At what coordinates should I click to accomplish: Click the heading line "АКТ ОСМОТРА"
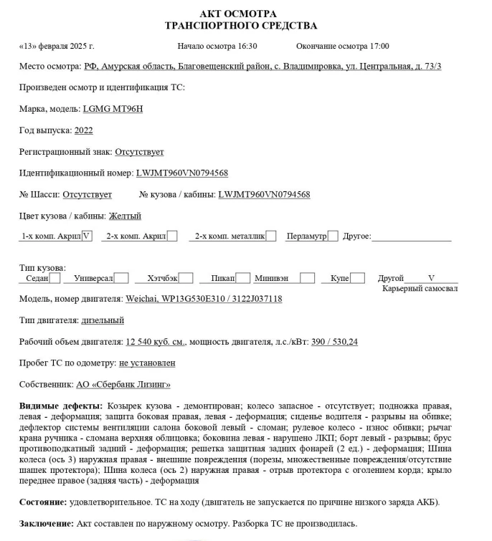click(x=240, y=14)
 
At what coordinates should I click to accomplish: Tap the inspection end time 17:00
click(x=378, y=46)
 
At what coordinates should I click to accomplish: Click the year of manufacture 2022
click(x=83, y=130)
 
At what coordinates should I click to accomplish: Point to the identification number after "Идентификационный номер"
click(x=181, y=173)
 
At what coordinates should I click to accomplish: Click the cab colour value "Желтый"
click(x=125, y=216)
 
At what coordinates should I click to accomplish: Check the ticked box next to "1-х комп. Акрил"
click(x=87, y=236)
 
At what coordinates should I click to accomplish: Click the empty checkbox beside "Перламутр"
click(x=333, y=236)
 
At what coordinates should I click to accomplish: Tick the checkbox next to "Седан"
click(x=55, y=278)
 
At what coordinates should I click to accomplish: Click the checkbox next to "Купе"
click(x=358, y=278)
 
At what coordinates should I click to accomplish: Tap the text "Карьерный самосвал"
click(x=420, y=288)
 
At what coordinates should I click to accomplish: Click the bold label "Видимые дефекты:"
click(x=60, y=406)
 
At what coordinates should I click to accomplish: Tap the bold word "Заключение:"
click(x=45, y=523)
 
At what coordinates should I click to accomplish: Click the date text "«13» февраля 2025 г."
click(x=57, y=46)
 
